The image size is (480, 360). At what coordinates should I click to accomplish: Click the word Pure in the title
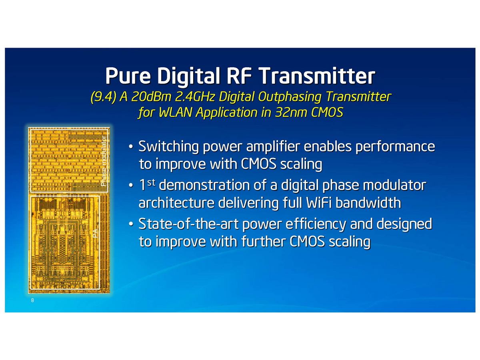pyautogui.click(x=128, y=76)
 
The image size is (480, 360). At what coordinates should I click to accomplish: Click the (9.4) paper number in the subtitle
pyautogui.click(x=103, y=96)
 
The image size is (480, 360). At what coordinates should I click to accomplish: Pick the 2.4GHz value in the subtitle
pyautogui.click(x=195, y=96)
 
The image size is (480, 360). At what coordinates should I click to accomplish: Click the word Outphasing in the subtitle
pyautogui.click(x=290, y=97)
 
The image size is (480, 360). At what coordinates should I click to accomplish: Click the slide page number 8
pyautogui.click(x=32, y=300)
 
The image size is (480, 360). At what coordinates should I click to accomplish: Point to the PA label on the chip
pyautogui.click(x=95, y=233)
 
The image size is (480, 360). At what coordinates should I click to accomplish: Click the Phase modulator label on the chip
pyautogui.click(x=104, y=161)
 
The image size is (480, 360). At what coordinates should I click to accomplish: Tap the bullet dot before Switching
pyautogui.click(x=131, y=147)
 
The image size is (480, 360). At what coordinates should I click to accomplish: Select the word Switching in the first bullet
pyautogui.click(x=169, y=147)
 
